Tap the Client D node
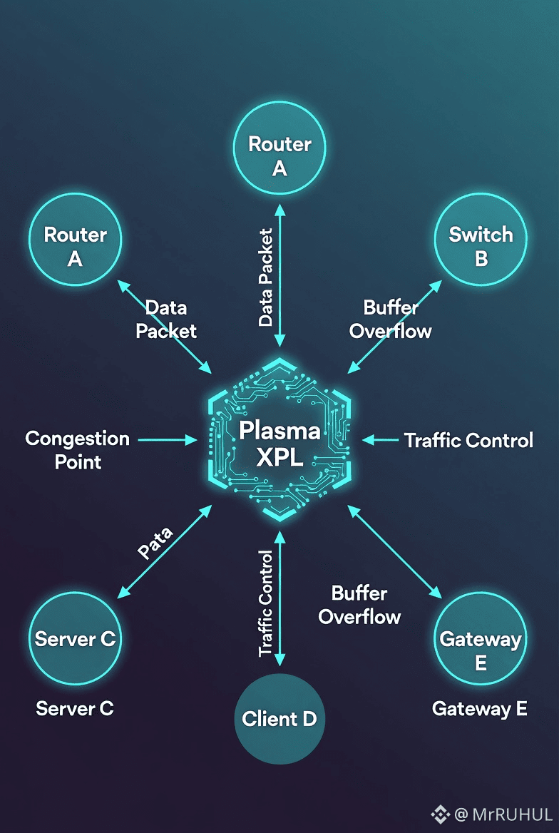279,718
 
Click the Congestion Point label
77,450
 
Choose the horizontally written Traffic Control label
468,441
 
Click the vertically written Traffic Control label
266,603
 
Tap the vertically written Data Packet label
266,277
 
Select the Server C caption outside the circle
75,708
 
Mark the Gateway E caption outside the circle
480,708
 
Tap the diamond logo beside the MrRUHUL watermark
439,814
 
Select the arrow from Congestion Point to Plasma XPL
167,440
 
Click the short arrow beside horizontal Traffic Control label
381,440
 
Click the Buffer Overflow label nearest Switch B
390,319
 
